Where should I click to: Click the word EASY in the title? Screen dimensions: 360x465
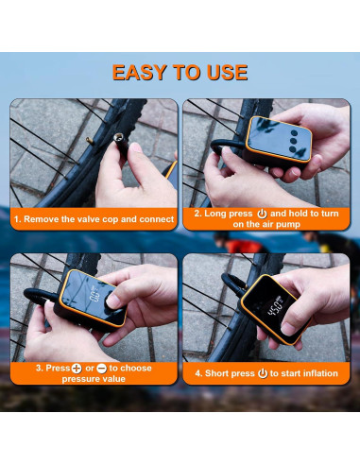point(139,72)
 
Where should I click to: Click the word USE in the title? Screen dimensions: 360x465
point(227,72)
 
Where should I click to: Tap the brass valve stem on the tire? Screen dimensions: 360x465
point(90,141)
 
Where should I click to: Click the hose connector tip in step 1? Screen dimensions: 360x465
point(120,138)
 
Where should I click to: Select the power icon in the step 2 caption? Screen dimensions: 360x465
point(262,214)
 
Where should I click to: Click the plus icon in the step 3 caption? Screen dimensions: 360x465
point(77,368)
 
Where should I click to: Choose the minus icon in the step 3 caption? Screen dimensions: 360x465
point(102,368)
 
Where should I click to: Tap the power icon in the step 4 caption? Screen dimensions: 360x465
point(263,373)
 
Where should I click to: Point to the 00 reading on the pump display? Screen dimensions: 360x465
point(94,296)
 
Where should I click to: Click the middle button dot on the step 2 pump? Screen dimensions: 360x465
point(294,141)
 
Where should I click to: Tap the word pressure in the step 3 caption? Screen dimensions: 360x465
point(78,379)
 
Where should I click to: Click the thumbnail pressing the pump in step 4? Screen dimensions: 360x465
point(287,329)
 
